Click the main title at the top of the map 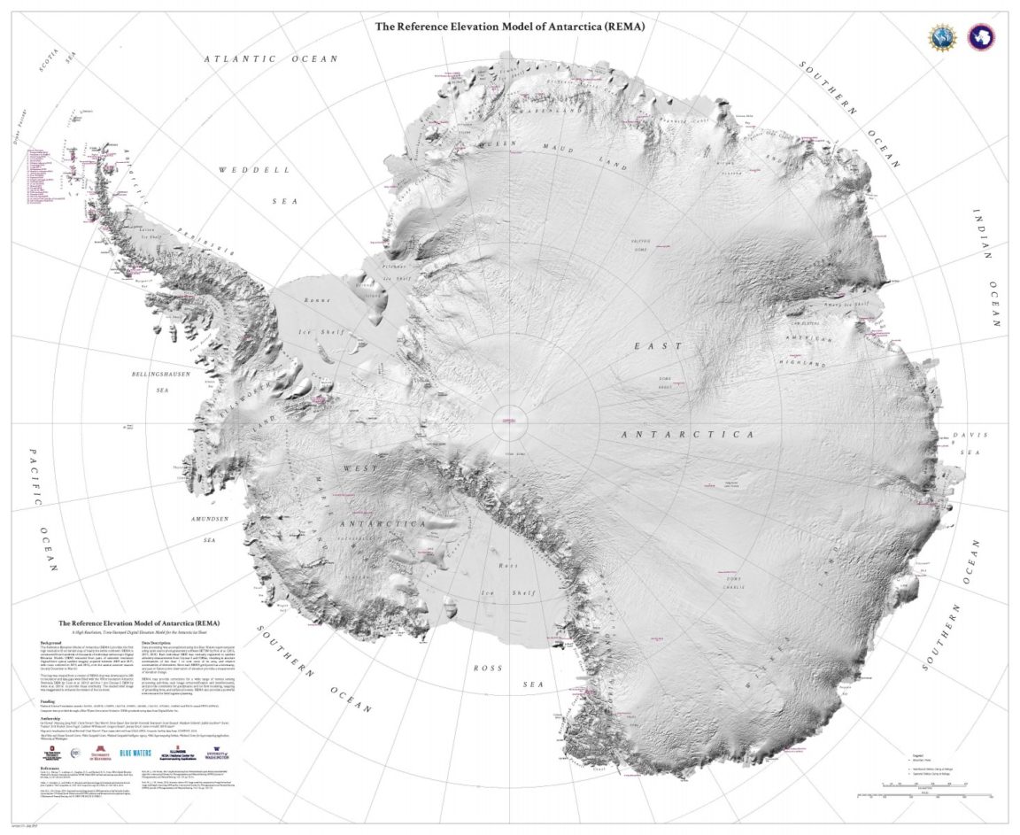[510, 27]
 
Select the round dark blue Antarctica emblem [981, 36]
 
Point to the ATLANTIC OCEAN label [271, 59]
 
